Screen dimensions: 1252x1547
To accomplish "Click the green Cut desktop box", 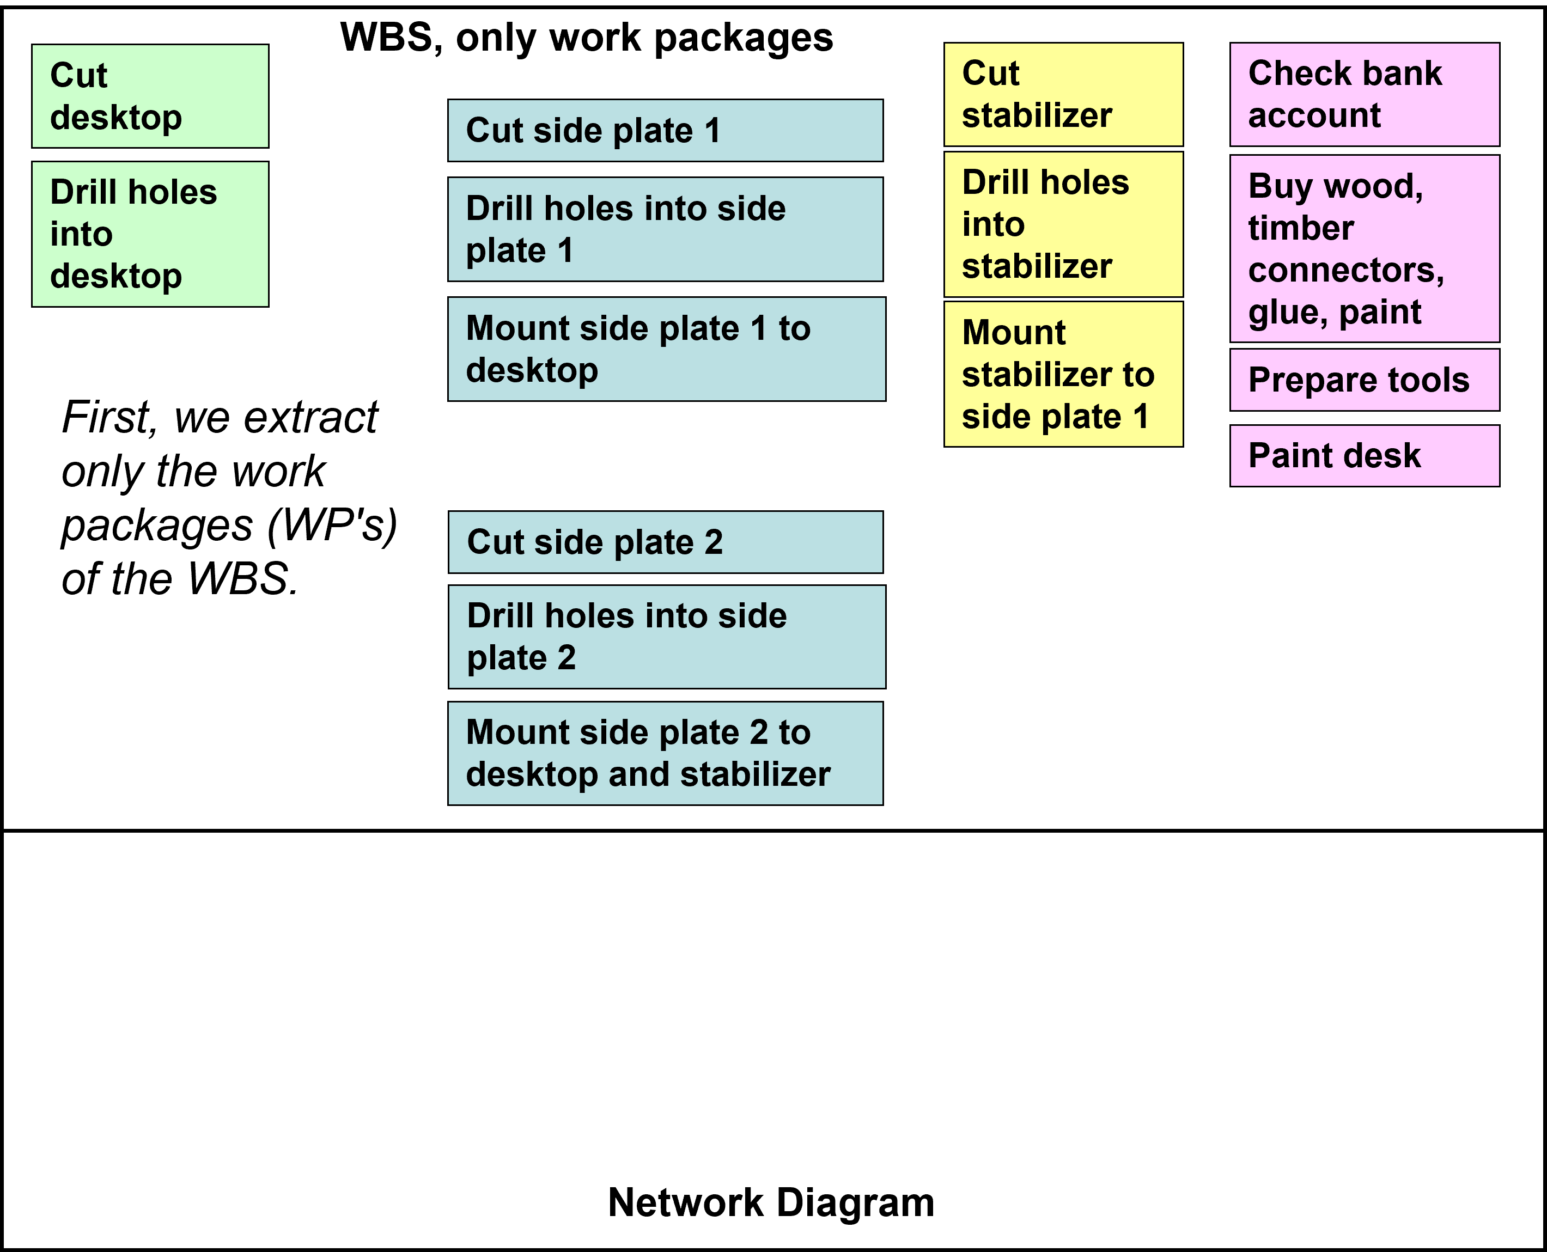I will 150,96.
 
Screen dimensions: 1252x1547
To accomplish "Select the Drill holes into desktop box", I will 150,234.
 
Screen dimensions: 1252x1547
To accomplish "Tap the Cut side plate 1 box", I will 665,131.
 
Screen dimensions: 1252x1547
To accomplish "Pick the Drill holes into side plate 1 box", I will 665,229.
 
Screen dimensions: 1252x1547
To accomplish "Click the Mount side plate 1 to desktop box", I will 666,349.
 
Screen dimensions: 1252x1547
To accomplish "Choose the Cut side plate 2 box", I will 665,542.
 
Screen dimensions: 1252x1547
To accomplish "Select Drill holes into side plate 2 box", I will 666,637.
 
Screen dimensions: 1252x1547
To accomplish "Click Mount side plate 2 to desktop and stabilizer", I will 665,753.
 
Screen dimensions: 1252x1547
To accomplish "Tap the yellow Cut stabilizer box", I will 1063,94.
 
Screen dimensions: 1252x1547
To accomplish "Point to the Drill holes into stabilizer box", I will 1063,224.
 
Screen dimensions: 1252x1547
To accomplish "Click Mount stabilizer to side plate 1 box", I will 1063,374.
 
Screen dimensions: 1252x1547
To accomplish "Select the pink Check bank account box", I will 1365,94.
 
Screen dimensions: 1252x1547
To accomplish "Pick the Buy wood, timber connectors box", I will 1365,249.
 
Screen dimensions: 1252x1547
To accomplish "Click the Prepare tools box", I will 1365,380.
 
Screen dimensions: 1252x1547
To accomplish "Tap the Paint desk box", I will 1365,456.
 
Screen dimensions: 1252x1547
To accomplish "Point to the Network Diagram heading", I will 771,1202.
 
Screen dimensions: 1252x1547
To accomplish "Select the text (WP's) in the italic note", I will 332,526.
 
